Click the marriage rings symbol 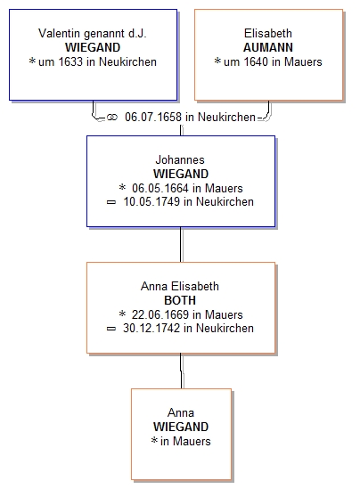(111, 118)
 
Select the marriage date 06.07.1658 (153, 117)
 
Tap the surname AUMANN (268, 47)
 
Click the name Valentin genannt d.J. (93, 33)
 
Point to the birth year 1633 (70, 61)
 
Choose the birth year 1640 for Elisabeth (256, 61)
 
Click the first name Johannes (180, 159)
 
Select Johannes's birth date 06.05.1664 (160, 188)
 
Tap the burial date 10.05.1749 (151, 201)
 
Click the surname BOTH (180, 300)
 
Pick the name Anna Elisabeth (180, 286)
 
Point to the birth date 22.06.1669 (160, 314)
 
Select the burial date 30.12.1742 (151, 328)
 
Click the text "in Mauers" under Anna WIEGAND (185, 441)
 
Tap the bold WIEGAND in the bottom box (181, 427)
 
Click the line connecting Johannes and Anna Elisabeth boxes (181, 244)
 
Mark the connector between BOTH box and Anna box (181, 371)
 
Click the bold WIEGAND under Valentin (93, 47)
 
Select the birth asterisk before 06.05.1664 (122, 187)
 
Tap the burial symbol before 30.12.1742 (111, 329)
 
